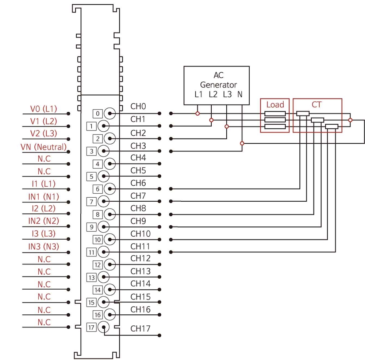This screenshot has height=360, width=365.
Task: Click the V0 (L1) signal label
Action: point(43,109)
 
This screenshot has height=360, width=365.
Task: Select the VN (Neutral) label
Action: point(43,147)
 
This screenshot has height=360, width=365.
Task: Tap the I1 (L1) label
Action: point(43,184)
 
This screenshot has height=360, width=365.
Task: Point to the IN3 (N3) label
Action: point(43,247)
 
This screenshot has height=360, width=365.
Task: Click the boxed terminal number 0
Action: point(97,113)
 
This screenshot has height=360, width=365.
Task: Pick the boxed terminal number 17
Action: point(91,328)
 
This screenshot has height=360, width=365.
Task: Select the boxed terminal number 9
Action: point(91,227)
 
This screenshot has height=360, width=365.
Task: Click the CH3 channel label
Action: point(138,146)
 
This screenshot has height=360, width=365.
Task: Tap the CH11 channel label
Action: point(140,246)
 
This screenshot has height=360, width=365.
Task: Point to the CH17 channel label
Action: point(141,329)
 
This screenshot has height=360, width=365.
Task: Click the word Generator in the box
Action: point(218,85)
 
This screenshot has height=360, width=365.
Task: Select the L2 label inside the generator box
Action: point(213,94)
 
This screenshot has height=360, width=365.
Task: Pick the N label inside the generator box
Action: point(240,94)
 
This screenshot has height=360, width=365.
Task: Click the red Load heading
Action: point(275,105)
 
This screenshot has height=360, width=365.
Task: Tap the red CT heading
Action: point(316,105)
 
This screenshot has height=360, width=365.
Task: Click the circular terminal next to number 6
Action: point(109,189)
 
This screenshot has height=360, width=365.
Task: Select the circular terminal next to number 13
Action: point(104,277)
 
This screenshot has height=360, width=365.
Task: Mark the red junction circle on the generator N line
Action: point(242,143)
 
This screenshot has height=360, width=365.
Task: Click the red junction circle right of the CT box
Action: point(350,120)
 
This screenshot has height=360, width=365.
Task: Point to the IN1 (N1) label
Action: point(43,197)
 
